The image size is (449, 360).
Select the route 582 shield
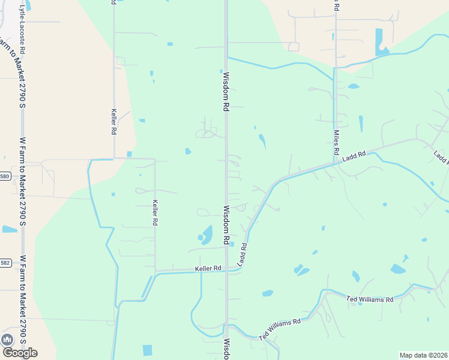5,263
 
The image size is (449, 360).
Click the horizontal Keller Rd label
208,268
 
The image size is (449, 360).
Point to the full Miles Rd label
336,142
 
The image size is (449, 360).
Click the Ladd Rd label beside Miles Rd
354,157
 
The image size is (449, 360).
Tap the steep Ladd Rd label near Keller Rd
243,255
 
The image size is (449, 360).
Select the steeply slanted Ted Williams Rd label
280,329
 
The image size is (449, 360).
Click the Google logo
19,352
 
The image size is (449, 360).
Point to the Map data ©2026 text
423,355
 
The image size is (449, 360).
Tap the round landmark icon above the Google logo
8,339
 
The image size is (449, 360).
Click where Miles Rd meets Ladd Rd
335,163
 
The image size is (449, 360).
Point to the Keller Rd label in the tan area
113,121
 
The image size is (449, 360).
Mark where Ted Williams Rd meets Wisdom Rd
226,325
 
